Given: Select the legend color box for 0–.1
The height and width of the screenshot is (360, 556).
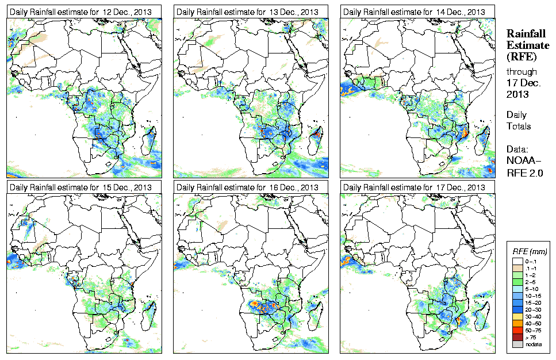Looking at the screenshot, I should (x=517, y=261).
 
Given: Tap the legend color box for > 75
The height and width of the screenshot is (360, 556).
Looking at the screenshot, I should (x=517, y=336).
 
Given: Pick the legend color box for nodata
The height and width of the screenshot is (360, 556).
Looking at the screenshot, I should (x=517, y=344).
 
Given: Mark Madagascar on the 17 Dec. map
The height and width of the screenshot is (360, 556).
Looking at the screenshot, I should (x=484, y=315).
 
